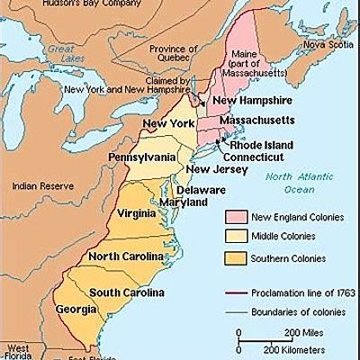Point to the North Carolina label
tap(125, 256)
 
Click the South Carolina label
tap(126, 293)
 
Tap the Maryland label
tap(184, 202)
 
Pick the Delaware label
tap(202, 190)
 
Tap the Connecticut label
tap(261, 156)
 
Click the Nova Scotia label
tap(327, 43)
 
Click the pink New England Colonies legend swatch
tap(235, 216)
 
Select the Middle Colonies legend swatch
tap(235, 237)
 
